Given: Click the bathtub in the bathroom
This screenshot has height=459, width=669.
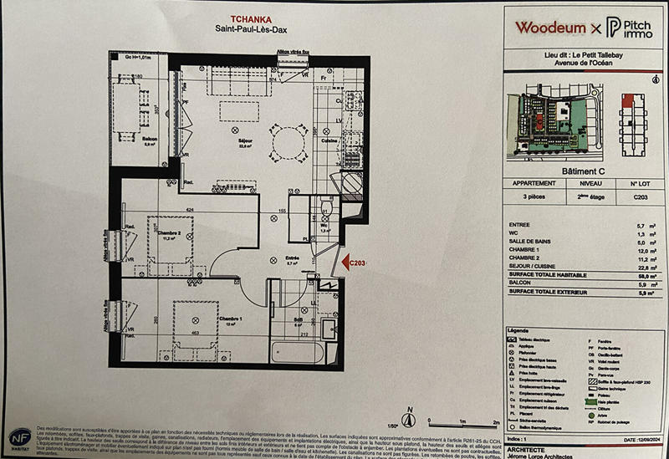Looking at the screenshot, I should pos(294,352).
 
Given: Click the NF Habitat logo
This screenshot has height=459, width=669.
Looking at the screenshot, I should pos(21,438).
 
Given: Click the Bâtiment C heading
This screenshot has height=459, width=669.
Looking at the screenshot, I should pos(584,170).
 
